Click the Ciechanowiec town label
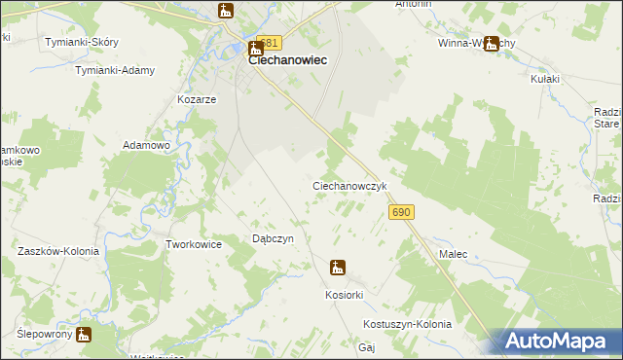point(287,60)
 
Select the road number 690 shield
point(402,212)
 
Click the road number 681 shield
point(270,43)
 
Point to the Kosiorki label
point(344,294)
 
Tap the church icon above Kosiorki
point(338,268)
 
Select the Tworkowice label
point(195,244)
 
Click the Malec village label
point(453,254)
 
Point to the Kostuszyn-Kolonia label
point(407,324)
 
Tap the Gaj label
point(367,346)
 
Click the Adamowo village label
point(146,145)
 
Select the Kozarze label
point(196,100)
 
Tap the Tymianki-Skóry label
point(82,42)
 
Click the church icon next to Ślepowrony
point(84,336)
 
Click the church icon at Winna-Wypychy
point(492,43)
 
